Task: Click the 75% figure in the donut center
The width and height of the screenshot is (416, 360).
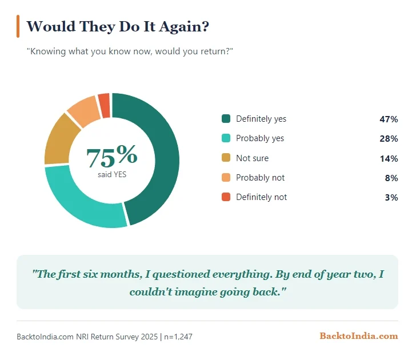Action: (112, 156)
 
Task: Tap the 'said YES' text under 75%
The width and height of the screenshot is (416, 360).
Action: (112, 175)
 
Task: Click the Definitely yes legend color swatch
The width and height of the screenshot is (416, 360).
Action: (226, 119)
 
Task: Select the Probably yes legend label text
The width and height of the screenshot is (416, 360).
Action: (260, 138)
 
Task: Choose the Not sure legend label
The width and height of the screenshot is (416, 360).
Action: (252, 158)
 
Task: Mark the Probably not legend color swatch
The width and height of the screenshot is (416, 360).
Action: (226, 177)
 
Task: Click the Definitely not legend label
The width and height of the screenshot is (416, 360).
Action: (261, 197)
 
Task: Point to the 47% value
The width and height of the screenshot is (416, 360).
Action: (389, 119)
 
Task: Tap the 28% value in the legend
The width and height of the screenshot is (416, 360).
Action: (389, 138)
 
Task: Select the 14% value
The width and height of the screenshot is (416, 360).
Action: (389, 158)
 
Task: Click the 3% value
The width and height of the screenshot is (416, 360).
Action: (391, 197)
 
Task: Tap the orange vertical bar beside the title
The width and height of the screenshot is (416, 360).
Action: (18, 26)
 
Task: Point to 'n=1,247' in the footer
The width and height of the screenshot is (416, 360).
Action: (178, 337)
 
